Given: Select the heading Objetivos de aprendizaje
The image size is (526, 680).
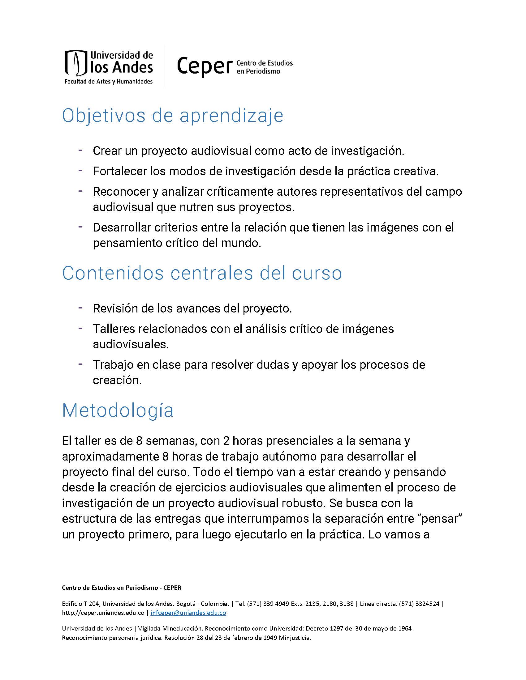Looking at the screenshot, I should tap(173, 116).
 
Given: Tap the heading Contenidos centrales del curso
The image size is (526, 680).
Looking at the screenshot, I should tap(202, 273).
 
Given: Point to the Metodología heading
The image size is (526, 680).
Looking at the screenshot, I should tap(118, 410).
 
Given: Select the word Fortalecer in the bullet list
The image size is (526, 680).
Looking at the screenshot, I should tap(119, 171).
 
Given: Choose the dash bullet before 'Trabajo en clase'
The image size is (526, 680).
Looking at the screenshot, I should tap(80, 364).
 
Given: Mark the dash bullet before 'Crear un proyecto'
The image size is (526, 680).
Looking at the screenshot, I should tap(80, 150).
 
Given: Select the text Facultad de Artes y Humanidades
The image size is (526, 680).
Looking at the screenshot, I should tap(108, 82).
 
